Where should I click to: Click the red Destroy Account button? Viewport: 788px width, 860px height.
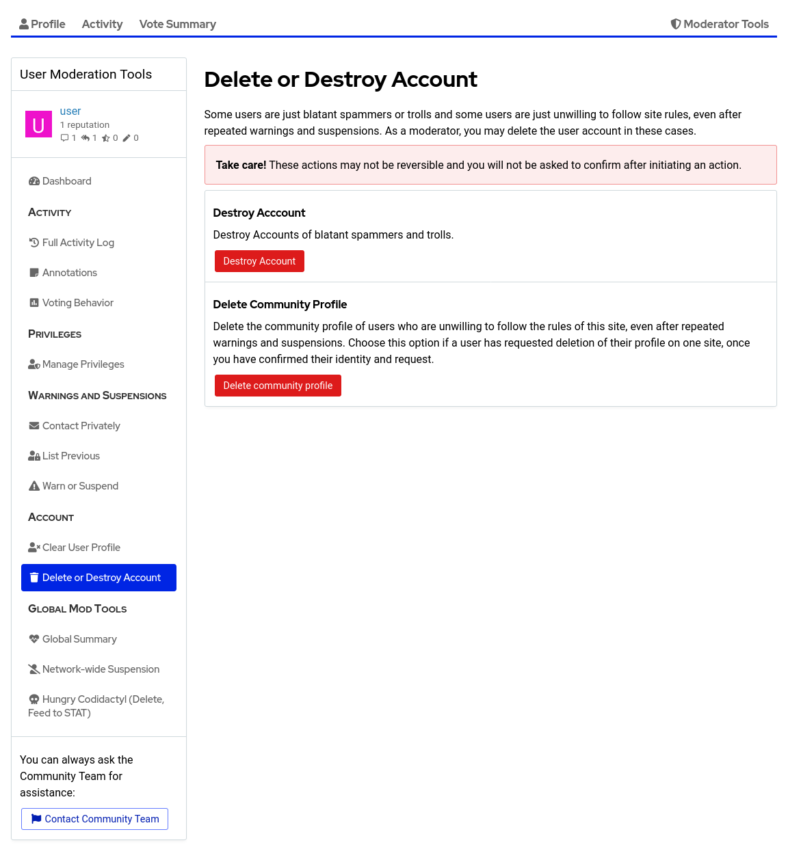[x=259, y=261]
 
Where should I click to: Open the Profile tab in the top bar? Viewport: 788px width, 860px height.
[x=42, y=24]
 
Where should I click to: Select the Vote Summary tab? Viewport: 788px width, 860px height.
[x=177, y=24]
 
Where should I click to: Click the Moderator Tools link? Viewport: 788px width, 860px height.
[x=720, y=24]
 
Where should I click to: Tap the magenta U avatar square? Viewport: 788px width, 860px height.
[x=38, y=124]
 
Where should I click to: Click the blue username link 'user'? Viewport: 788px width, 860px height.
[x=70, y=111]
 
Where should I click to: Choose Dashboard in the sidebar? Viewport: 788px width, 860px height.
[x=66, y=181]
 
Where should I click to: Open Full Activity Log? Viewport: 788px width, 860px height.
[x=78, y=243]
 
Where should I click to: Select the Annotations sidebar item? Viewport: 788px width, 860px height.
[x=69, y=273]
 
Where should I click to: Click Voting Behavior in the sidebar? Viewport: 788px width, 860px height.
[x=77, y=303]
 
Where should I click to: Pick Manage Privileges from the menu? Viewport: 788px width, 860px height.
[x=83, y=364]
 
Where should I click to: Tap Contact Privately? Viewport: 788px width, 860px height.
[x=81, y=426]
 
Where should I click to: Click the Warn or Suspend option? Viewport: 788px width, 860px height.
[x=80, y=486]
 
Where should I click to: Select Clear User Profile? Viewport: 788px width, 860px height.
[x=81, y=548]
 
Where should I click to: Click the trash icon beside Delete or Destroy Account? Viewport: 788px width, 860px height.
[x=34, y=578]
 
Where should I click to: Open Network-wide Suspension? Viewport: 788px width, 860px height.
[x=101, y=669]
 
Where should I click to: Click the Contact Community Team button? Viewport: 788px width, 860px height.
[x=94, y=819]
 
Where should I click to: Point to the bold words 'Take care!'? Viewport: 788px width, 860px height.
[x=241, y=165]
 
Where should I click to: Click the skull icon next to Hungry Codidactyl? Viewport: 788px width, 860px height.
[x=34, y=699]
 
